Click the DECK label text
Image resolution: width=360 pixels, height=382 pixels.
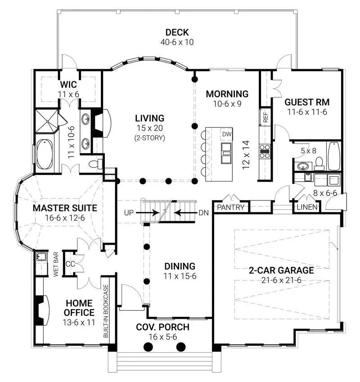[x=176, y=32]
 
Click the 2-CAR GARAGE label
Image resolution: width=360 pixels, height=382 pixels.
[x=281, y=270]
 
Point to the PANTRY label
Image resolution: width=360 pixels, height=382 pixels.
[x=230, y=208]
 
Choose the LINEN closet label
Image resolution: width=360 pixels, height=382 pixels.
[x=307, y=208]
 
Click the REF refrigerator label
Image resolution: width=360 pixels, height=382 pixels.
[x=265, y=118]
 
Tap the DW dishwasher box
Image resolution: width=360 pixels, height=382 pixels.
[x=226, y=134]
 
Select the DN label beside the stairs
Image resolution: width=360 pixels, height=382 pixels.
[x=203, y=212]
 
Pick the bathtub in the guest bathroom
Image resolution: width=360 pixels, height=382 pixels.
[x=334, y=156]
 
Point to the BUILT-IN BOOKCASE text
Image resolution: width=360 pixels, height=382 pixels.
[x=106, y=311]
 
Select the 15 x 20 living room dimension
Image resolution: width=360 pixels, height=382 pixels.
[x=150, y=129]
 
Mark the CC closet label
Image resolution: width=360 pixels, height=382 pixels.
[x=71, y=264]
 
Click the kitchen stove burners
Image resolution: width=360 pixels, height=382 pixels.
[x=265, y=151]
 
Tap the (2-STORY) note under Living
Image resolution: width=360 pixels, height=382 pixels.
[x=150, y=138]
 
